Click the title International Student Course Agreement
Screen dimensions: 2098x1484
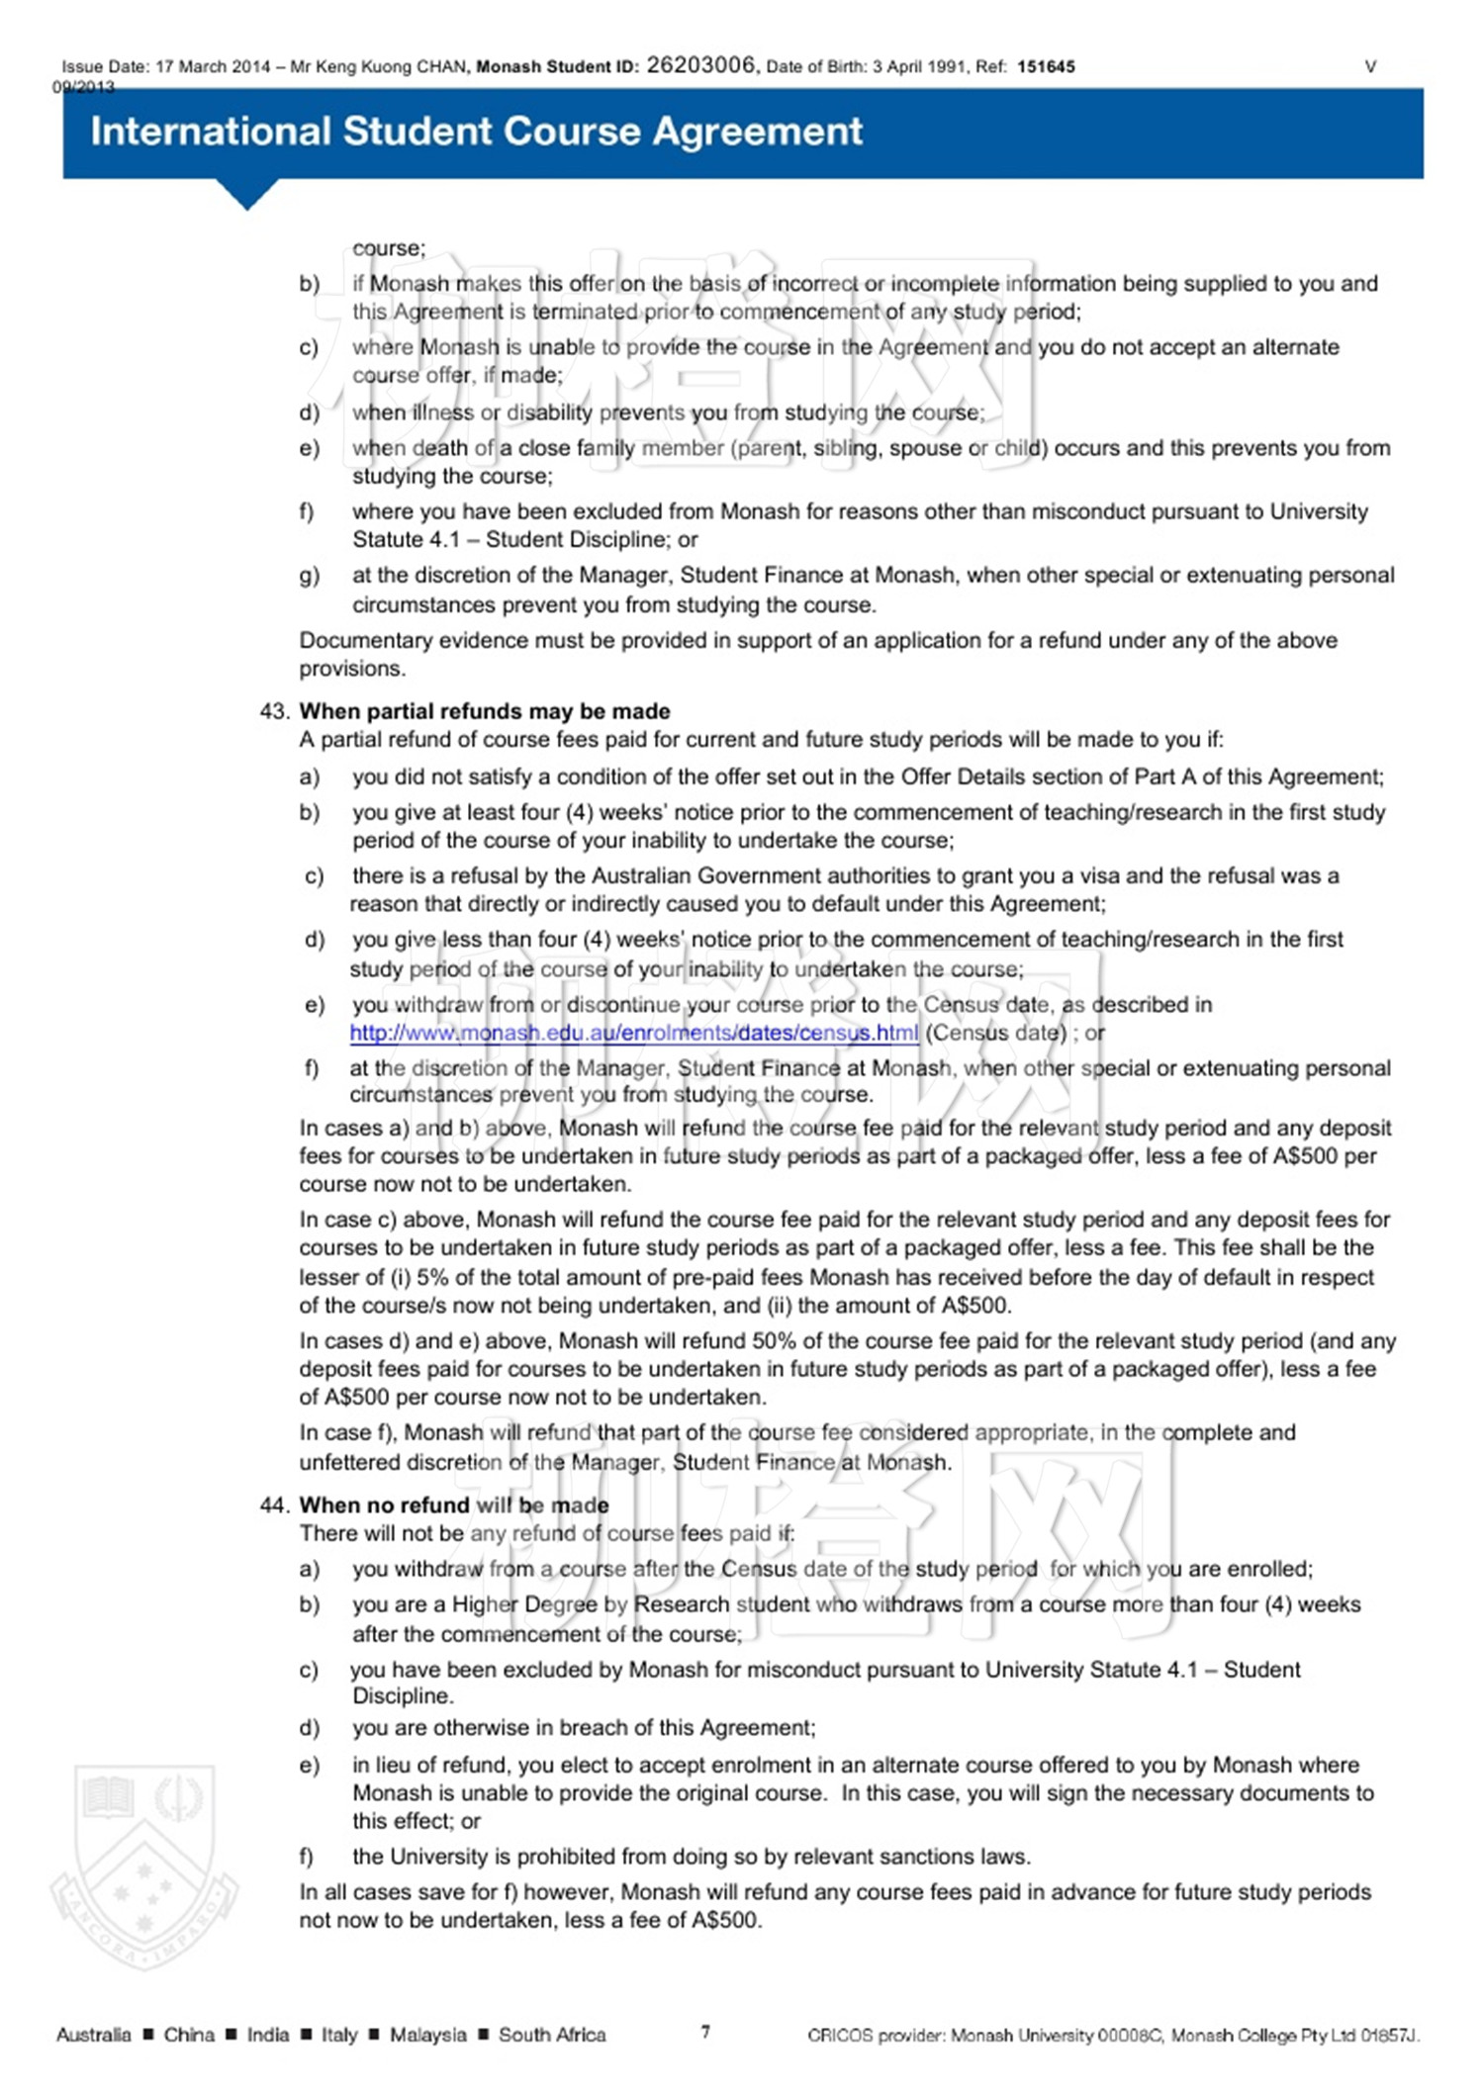click(x=476, y=132)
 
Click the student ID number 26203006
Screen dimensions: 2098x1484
click(x=700, y=65)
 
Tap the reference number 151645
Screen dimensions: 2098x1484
click(x=1046, y=67)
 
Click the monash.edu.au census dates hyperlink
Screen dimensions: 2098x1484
click(x=634, y=1033)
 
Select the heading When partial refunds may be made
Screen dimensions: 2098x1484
click(x=485, y=711)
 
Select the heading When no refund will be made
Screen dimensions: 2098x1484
click(x=454, y=1505)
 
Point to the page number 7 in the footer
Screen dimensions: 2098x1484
click(x=705, y=2032)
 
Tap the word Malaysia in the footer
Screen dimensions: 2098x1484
click(x=427, y=2035)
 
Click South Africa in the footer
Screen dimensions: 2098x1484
click(x=552, y=2035)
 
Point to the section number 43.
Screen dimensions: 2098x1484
click(x=274, y=711)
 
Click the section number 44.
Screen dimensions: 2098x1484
click(x=274, y=1505)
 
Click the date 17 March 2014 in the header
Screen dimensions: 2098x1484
click(x=213, y=67)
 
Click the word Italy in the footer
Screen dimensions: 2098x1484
click(x=339, y=2035)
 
